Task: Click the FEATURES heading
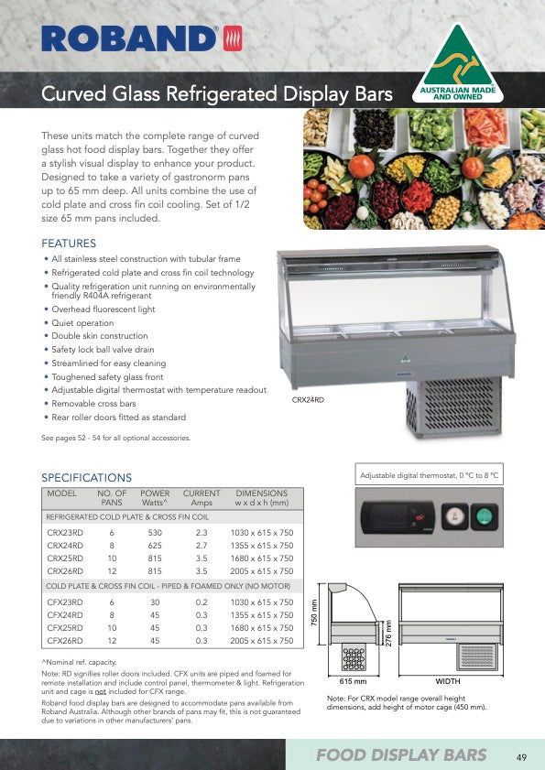coord(69,244)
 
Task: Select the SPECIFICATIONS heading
coord(87,477)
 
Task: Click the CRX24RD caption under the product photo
coord(308,400)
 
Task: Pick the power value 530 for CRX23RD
coord(155,531)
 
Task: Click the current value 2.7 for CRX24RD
coord(202,545)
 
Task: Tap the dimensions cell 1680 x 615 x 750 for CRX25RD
coord(262,558)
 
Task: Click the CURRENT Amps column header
coord(202,498)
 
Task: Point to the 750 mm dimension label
coord(313,620)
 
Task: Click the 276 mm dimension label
coord(387,632)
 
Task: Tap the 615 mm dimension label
coord(353,682)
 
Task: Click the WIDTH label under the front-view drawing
coord(448,682)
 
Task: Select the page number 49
coord(521,756)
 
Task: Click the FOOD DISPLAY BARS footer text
coord(401,755)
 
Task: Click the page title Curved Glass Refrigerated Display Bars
coord(217,95)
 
